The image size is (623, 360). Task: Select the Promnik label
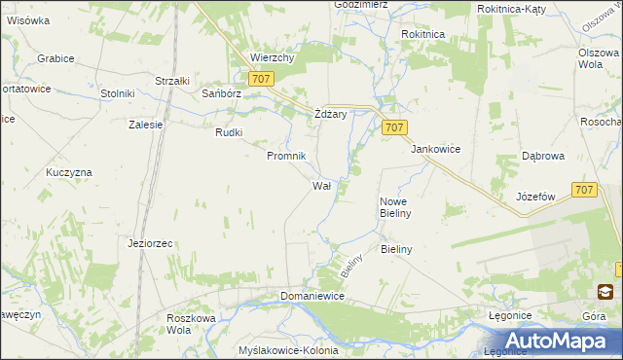(287, 156)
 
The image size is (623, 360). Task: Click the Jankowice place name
(435, 149)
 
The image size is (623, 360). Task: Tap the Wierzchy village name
(272, 57)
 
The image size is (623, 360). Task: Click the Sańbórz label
(220, 94)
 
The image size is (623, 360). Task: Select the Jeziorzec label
(150, 243)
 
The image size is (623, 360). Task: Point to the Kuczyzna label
(68, 172)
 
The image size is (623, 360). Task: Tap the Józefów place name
(535, 196)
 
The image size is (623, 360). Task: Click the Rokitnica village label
(423, 33)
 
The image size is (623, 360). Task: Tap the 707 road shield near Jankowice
(394, 127)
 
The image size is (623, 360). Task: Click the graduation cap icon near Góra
(605, 291)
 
